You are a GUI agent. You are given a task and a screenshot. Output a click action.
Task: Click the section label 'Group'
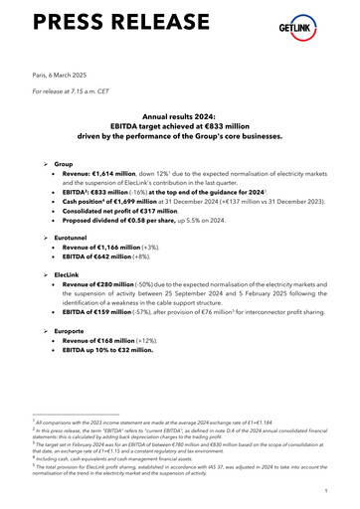point(65,161)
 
